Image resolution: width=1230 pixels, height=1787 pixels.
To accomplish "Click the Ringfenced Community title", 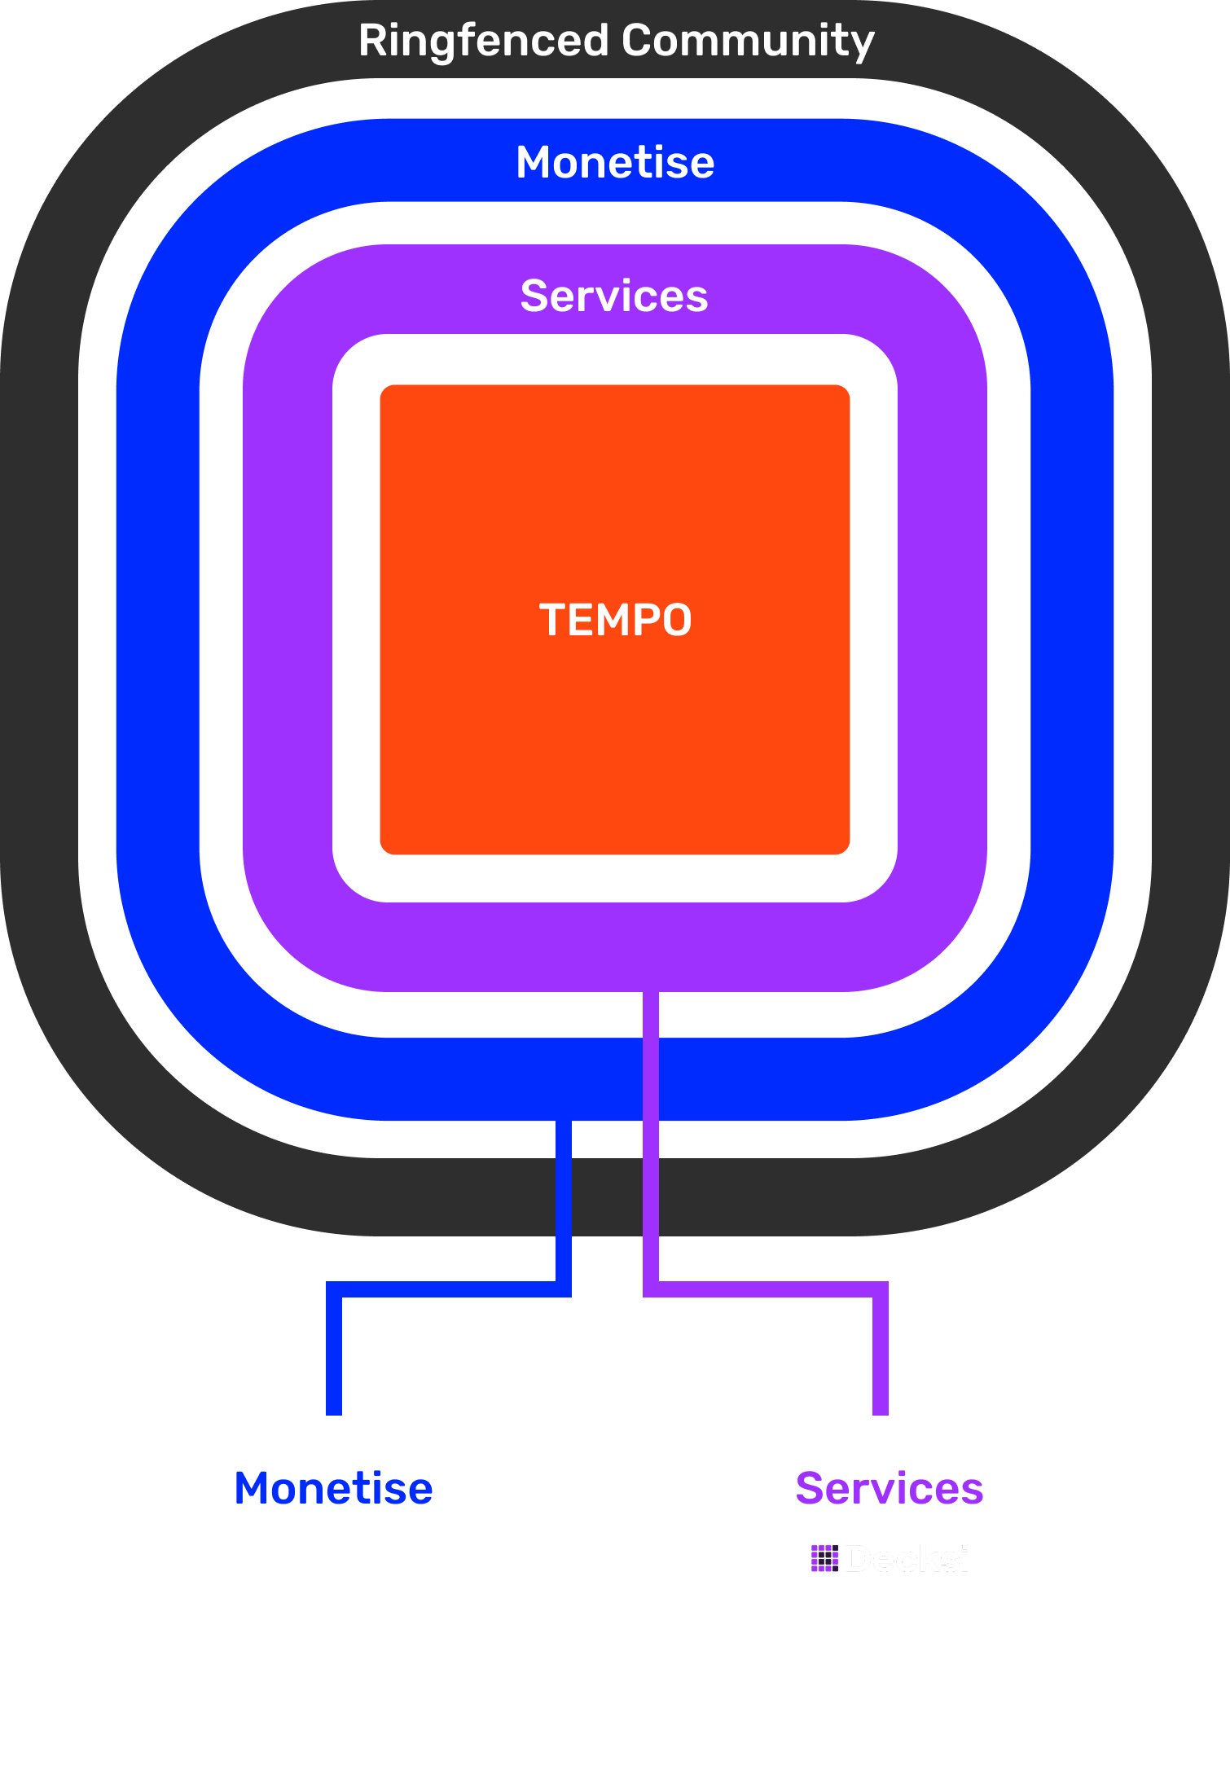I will click(616, 41).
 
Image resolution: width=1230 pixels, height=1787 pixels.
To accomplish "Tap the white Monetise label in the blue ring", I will click(615, 162).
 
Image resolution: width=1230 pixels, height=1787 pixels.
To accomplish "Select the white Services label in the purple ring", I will click(614, 296).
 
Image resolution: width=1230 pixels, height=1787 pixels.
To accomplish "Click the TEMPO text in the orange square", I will click(615, 620).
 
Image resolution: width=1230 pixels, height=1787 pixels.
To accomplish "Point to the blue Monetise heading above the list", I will click(333, 1489).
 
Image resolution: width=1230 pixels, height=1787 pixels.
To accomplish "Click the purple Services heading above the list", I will click(890, 1489).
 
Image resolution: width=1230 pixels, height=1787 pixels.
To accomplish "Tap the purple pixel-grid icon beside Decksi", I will click(824, 1558).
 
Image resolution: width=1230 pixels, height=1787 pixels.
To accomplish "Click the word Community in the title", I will click(748, 41).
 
